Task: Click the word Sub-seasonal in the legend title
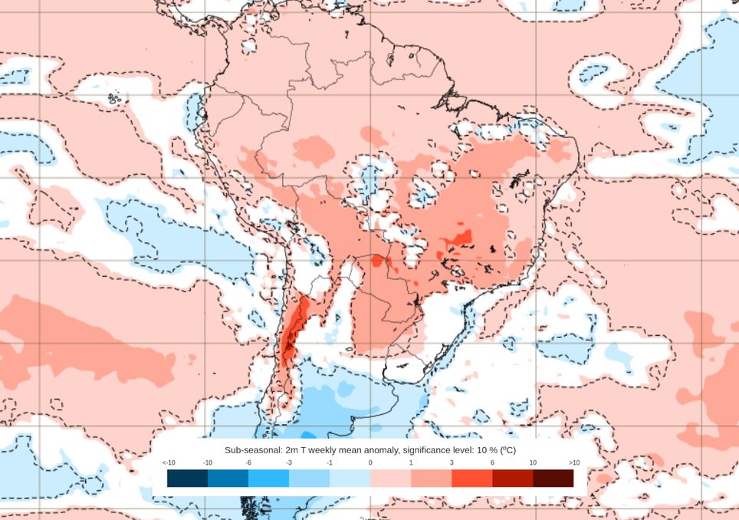tap(252, 450)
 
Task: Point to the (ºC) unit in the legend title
tap(507, 450)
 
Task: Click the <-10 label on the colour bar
tap(169, 462)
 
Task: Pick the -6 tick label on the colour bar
tap(248, 462)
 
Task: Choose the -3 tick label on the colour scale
tap(289, 462)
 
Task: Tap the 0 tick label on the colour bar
tap(370, 462)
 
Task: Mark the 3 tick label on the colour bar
tap(452, 462)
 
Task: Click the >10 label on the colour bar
tap(573, 462)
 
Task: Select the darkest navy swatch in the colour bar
tap(187, 478)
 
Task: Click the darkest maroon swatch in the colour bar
tap(553, 478)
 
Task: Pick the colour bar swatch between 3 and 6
tap(471, 478)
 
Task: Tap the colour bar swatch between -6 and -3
tap(268, 478)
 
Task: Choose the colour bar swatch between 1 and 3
tap(431, 478)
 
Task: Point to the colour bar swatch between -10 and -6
tap(228, 478)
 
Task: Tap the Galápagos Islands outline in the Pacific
tap(116, 98)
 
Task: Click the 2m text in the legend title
tap(291, 450)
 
